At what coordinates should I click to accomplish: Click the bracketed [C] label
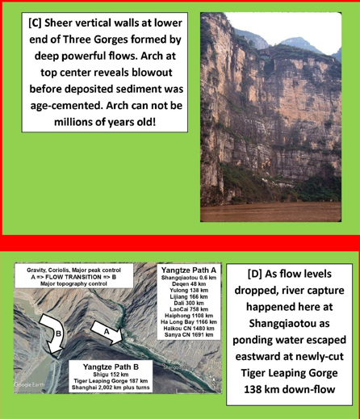pos(38,22)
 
